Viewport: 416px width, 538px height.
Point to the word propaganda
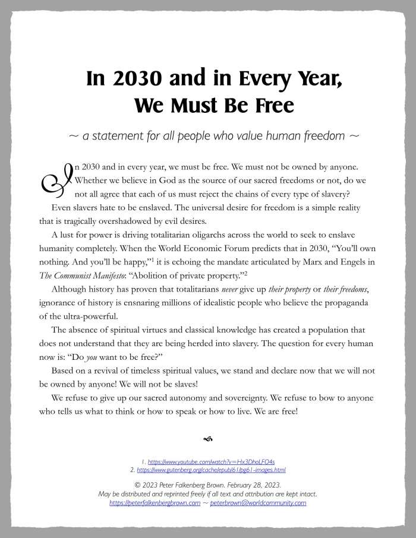[350, 303]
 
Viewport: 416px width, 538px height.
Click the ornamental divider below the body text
[207, 439]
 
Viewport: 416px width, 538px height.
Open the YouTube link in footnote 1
[211, 461]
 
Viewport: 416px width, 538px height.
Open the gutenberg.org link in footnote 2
[211, 470]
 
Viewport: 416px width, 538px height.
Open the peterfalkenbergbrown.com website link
[156, 502]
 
